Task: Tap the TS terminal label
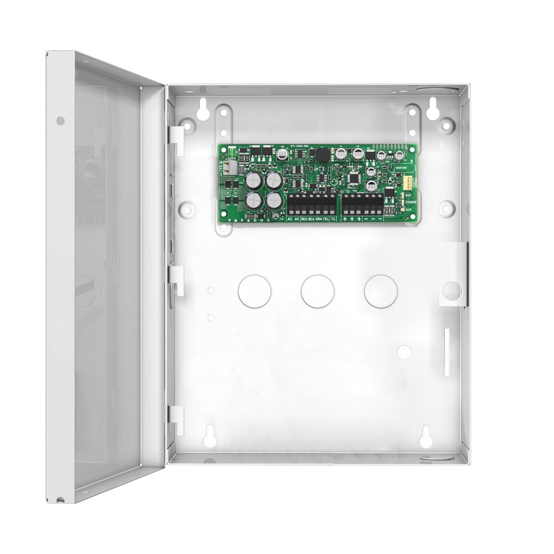333,219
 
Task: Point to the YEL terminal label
326,219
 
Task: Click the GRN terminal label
319,219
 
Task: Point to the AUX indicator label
409,210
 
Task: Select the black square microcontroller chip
353,178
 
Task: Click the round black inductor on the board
321,153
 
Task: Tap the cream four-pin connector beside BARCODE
408,182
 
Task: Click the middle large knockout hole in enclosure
318,291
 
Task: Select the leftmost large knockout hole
255,291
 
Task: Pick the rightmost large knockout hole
381,291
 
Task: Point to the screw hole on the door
61,120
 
